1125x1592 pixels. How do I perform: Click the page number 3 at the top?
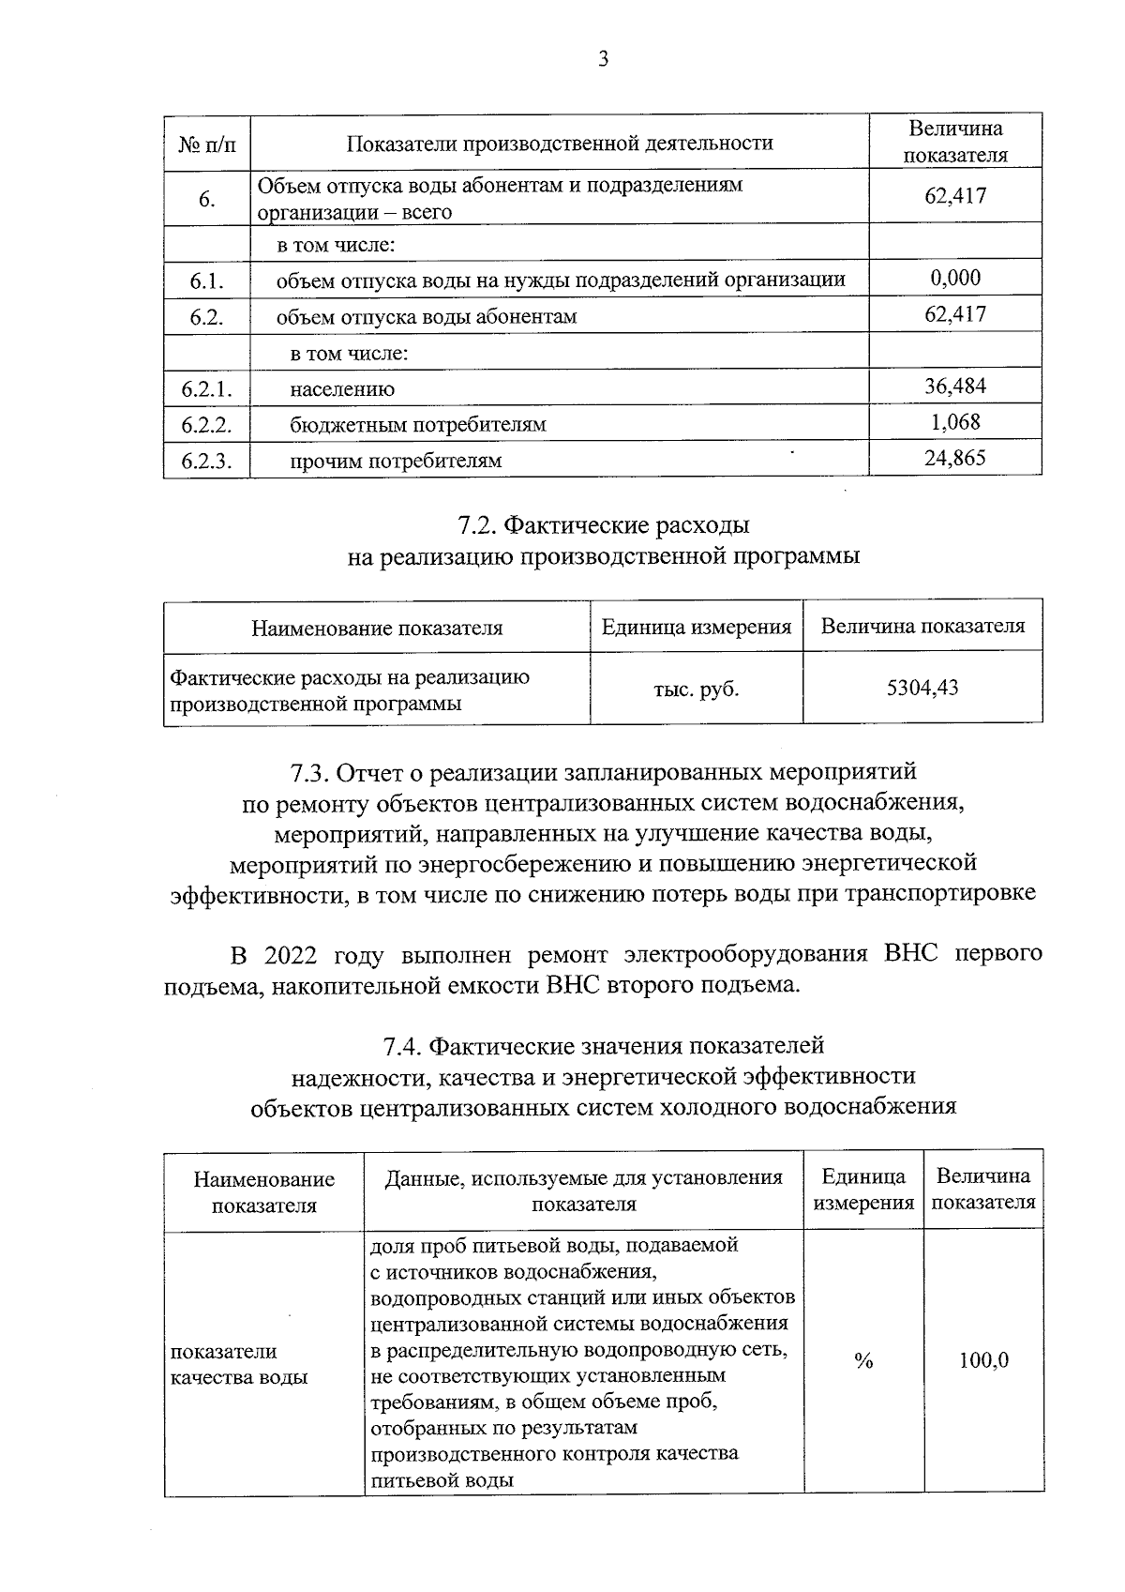point(603,60)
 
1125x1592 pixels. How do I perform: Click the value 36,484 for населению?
point(954,387)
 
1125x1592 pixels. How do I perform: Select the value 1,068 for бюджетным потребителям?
point(954,422)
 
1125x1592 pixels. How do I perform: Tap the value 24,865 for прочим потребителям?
point(954,459)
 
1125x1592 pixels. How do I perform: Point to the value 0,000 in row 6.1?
point(954,278)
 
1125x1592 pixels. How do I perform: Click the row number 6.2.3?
point(206,461)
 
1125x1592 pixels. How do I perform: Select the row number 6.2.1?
point(206,388)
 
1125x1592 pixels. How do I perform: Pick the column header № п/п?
point(206,144)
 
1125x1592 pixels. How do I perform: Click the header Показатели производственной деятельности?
point(560,144)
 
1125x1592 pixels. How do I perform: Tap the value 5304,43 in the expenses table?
point(922,689)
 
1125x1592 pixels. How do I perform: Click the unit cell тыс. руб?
point(696,690)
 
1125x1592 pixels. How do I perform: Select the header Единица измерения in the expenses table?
point(696,627)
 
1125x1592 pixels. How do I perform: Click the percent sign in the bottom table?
point(863,1361)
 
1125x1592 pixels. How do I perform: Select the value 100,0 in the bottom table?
point(983,1361)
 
